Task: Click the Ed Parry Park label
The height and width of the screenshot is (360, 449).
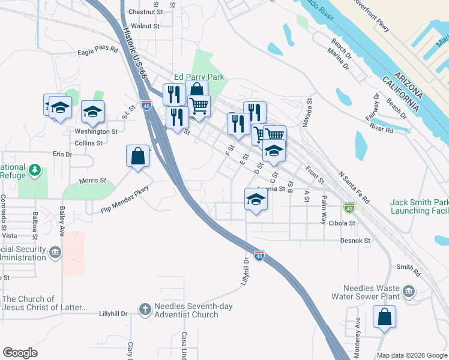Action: coord(199,77)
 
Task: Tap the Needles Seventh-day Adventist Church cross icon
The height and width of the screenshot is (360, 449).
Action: coord(145,309)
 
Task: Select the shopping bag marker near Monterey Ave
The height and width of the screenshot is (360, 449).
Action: coord(384,317)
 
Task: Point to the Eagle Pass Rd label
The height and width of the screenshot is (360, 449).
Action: coord(98,52)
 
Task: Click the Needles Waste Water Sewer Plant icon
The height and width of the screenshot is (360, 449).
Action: coord(409,292)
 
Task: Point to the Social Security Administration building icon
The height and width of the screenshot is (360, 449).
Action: coord(55,251)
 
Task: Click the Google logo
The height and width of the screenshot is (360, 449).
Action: coord(20,353)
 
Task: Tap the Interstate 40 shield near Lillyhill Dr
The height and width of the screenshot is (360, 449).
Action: coord(259,255)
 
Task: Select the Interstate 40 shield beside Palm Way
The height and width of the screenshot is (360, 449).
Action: coord(349,208)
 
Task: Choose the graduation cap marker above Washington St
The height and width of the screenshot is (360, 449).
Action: coord(92,110)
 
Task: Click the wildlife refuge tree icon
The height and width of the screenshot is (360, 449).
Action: coord(35,171)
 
